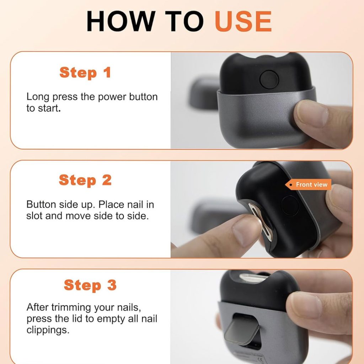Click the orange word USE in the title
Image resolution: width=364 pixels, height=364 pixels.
coord(243,21)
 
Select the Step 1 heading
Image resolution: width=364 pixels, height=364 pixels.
coord(85,73)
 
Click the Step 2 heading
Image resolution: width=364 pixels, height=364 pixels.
coord(85,180)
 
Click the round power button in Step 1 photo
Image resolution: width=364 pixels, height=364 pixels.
coord(269,80)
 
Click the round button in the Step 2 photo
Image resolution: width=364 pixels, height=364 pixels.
coord(290,205)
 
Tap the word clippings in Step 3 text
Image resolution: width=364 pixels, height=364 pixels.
coord(48,330)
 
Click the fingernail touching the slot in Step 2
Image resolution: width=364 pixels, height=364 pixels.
coord(246,230)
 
